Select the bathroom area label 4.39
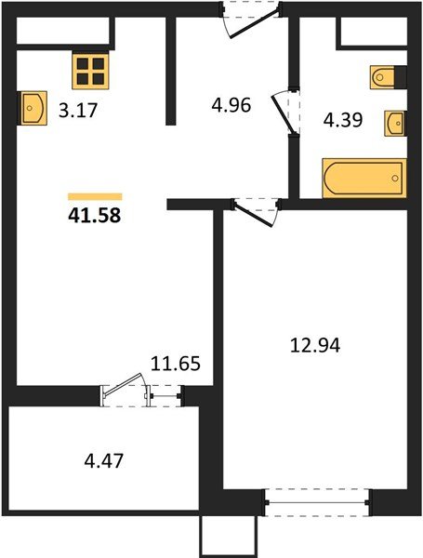coord(340,119)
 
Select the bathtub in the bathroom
coord(364,178)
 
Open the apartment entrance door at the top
coord(249,20)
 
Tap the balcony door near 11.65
coord(130,391)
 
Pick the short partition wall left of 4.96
coord(171,70)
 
